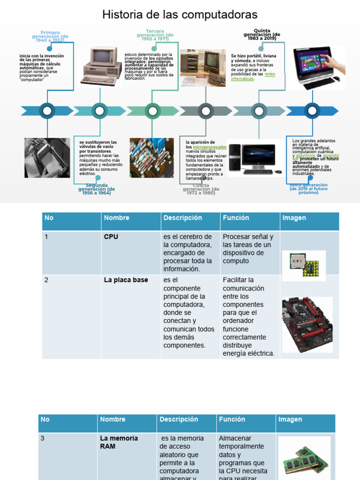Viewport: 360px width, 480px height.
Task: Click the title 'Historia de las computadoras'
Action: pos(180,15)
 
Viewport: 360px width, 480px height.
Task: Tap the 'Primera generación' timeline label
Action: pos(50,37)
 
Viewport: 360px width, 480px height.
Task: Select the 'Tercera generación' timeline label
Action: pos(155,35)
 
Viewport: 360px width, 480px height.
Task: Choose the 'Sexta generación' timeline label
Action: pos(308,188)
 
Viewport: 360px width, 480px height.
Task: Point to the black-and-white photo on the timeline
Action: pos(47,157)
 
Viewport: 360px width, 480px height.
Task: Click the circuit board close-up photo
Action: pos(151,157)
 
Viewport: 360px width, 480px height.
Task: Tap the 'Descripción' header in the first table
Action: pos(182,218)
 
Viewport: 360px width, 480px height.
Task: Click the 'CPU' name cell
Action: pos(111,237)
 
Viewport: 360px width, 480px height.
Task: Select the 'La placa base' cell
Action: pos(126,280)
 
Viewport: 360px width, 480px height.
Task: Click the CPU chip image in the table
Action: pos(304,266)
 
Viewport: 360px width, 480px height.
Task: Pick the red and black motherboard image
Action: pos(307,324)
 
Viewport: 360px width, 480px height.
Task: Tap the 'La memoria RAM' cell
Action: pos(119,442)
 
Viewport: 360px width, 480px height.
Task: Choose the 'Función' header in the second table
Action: pos(232,420)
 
